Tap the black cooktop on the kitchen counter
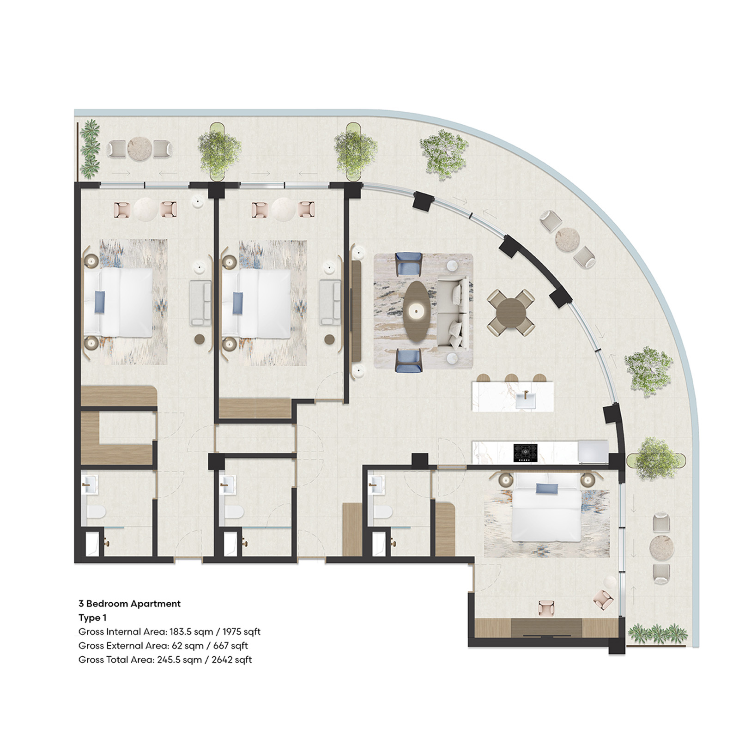pos(526,453)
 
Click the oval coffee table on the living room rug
pos(418,312)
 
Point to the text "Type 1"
pos(92,618)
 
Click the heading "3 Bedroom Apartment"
pos(129,604)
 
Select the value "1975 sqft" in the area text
pos(242,631)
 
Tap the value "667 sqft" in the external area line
pos(230,645)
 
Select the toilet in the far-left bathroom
pos(97,512)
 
